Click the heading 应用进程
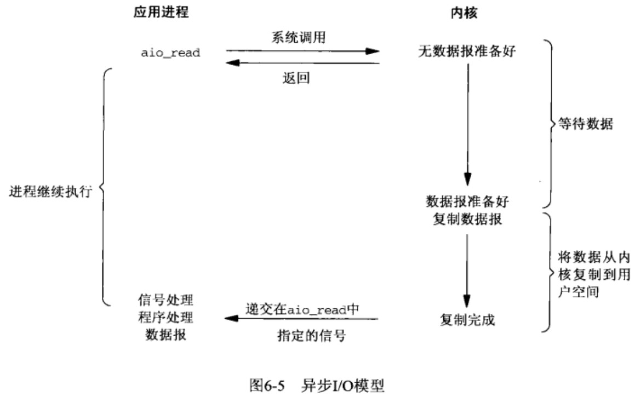click(x=161, y=12)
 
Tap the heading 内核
click(x=464, y=13)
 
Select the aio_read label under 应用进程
click(x=170, y=53)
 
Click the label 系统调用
click(x=299, y=37)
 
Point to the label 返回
click(x=296, y=77)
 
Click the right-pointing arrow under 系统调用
click(x=302, y=51)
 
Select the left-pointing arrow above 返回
click(x=302, y=63)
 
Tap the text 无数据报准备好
click(x=467, y=51)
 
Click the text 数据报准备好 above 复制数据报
click(x=467, y=201)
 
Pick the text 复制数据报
click(x=467, y=219)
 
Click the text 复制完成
click(x=467, y=320)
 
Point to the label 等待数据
click(x=586, y=123)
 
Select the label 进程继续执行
click(x=50, y=191)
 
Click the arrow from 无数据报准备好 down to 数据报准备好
click(x=468, y=125)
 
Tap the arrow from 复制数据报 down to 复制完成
click(x=467, y=271)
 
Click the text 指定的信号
click(x=311, y=335)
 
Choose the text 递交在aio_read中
click(x=302, y=309)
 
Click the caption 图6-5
click(x=267, y=385)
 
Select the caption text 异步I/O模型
click(x=342, y=385)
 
